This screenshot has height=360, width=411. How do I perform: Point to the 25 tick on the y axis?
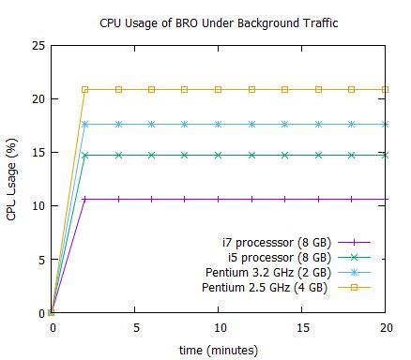(x=38, y=45)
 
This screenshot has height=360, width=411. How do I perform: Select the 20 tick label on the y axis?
(x=38, y=98)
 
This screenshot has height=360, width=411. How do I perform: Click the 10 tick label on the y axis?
(x=38, y=205)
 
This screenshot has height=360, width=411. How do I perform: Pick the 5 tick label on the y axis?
(x=40, y=259)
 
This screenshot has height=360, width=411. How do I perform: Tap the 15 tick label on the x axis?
(x=302, y=327)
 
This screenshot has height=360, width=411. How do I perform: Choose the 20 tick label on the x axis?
(x=386, y=327)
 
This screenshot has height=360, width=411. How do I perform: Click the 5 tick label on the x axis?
(x=135, y=327)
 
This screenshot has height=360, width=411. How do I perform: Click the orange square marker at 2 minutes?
(x=85, y=89)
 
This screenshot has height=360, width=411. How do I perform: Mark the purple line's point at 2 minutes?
(x=85, y=199)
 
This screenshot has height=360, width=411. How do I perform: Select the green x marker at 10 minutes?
(x=219, y=155)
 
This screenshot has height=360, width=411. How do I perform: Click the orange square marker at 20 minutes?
(x=386, y=89)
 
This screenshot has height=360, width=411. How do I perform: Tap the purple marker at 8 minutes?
(x=185, y=199)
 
